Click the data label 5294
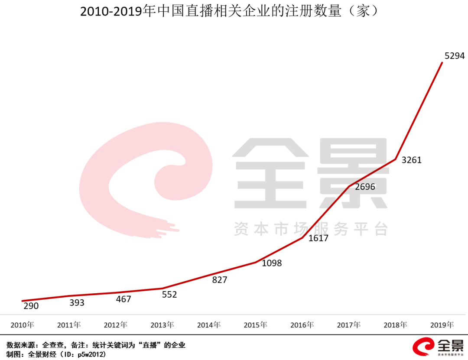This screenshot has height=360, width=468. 455,56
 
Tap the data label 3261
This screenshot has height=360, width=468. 411,160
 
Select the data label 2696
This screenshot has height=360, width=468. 365,187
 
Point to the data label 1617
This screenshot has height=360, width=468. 318,238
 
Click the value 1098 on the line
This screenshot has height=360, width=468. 272,263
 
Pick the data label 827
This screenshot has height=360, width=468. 220,280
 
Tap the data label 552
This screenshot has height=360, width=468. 169,295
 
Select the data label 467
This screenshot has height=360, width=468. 123,299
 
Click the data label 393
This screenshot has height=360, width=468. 77,302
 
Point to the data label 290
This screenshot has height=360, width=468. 31,306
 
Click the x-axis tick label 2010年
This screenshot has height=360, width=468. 23,324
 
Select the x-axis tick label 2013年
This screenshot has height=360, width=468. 162,324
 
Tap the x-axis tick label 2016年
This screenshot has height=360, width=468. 302,324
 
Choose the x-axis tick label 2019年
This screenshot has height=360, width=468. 442,324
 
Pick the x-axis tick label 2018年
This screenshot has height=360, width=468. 395,324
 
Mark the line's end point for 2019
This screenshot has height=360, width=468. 442,63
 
